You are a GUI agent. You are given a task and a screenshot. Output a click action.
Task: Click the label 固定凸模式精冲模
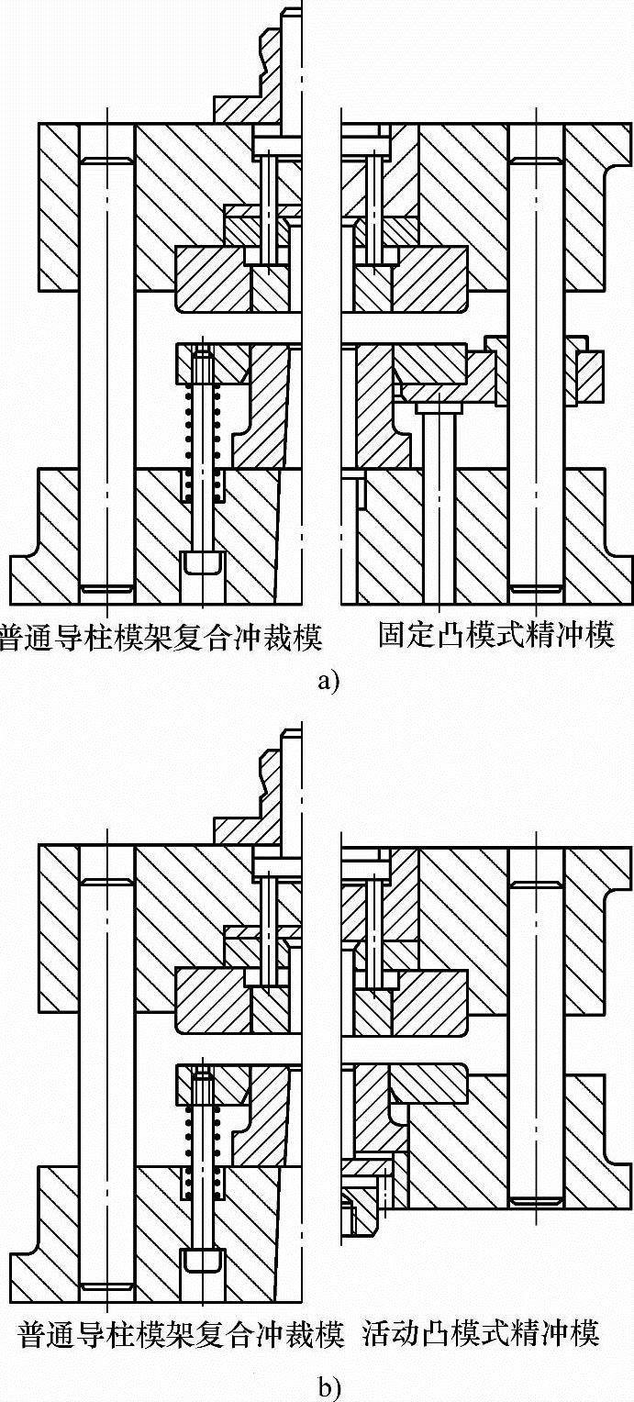pos(495,635)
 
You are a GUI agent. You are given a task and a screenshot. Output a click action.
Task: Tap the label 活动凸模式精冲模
pos(482,1331)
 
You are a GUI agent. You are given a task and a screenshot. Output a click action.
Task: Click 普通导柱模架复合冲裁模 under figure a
pos(163,635)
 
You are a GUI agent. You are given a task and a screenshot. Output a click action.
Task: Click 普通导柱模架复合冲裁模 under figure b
pos(181,1331)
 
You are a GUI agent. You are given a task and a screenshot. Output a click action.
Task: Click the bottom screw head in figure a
pos(202,561)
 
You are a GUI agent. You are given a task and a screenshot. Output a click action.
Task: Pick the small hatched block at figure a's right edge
pos(591,377)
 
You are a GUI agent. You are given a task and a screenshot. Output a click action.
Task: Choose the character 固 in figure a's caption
pos(392,635)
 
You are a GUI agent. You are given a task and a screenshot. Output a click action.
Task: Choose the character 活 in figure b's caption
pos(377,1331)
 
